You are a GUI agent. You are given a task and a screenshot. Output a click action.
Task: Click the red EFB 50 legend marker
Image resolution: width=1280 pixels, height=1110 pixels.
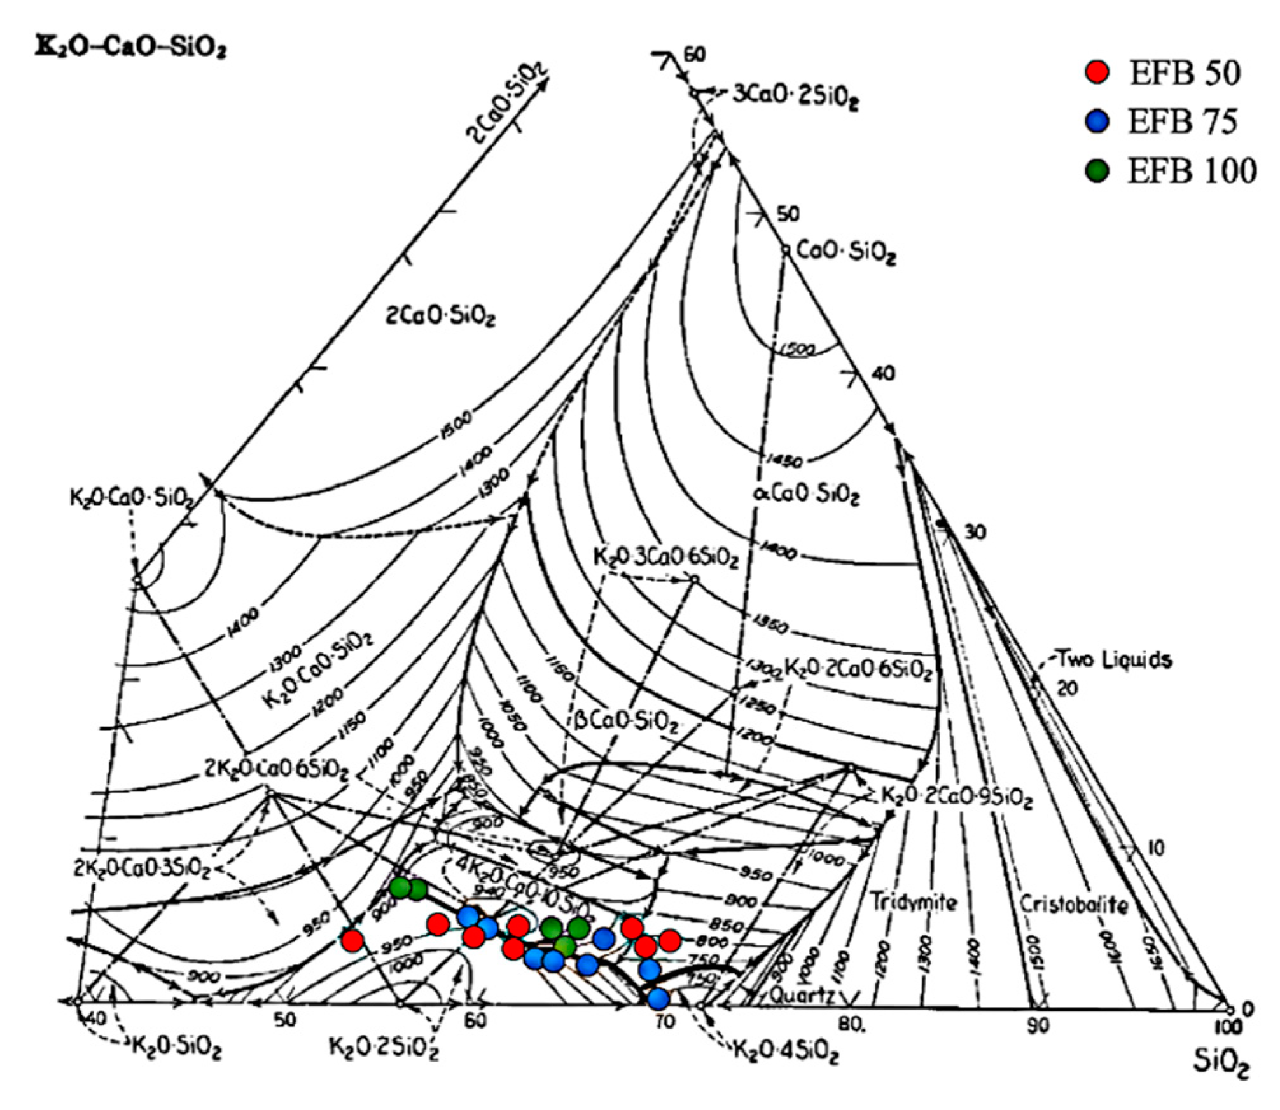point(1096,72)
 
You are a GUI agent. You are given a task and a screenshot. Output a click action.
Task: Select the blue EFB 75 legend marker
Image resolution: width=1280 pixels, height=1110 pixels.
point(1096,121)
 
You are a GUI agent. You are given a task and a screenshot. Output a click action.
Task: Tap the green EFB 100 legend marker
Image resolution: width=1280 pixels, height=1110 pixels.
point(1096,170)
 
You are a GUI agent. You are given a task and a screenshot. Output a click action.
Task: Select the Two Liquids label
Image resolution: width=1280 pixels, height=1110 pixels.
point(1113,659)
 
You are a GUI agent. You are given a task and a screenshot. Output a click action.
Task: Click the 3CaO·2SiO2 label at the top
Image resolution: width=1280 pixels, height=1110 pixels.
point(795,97)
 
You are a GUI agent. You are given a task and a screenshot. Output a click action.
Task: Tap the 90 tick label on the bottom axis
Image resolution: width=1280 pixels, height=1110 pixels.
point(1038,1025)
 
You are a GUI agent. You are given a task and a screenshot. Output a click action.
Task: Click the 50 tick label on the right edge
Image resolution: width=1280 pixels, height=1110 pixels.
point(788,214)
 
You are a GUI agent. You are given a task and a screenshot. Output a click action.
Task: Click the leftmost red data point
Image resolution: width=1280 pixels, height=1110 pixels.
point(352,940)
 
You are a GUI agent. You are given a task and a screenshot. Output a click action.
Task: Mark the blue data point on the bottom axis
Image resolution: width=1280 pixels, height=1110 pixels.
point(658,999)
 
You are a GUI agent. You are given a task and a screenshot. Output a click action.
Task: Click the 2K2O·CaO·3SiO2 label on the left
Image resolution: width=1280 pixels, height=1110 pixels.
point(141,868)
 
